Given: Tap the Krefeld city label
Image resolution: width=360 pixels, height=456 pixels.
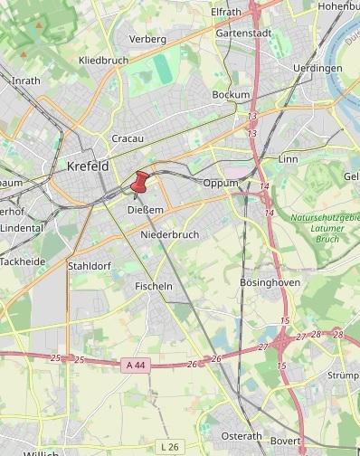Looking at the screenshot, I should [x=88, y=166].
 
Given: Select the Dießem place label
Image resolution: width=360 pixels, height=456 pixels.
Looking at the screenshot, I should [x=146, y=210].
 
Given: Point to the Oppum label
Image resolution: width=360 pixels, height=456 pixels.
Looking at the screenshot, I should [x=220, y=183].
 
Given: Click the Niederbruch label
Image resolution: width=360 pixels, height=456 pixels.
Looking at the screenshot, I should [x=169, y=234].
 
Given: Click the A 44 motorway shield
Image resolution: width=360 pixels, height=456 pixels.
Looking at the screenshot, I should [x=133, y=364].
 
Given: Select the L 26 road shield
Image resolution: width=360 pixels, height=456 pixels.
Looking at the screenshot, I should [x=168, y=446].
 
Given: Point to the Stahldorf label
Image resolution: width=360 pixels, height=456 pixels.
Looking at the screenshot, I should [x=89, y=266].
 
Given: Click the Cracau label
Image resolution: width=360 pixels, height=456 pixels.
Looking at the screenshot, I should [x=128, y=138].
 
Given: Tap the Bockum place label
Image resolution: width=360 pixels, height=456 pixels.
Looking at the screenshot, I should [x=230, y=95].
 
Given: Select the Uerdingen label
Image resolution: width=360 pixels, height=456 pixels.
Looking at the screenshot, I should [x=317, y=68].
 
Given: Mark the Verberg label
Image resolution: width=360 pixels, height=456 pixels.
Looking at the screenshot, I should [x=147, y=39].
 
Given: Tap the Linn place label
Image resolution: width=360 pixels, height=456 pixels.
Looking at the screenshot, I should [x=289, y=159].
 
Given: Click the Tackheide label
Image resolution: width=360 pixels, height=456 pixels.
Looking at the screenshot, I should [x=22, y=261].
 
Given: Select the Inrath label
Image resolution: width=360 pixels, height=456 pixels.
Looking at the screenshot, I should [x=25, y=80].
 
